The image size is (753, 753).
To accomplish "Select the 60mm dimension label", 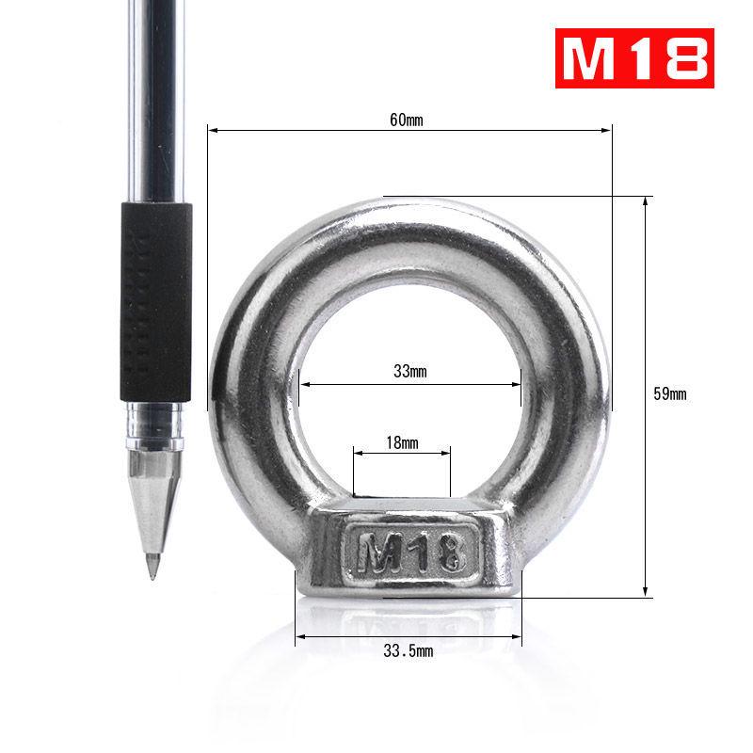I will pos(408,120).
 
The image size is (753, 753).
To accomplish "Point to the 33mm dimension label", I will pos(409,372).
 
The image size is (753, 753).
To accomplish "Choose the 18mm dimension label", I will pos(402,441).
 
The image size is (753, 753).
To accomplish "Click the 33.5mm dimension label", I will pos(409,651).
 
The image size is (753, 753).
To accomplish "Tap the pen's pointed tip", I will pos(151,574).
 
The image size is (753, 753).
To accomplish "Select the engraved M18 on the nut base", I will pos(409,550).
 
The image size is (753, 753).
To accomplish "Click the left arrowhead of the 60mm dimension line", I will pos(212,131).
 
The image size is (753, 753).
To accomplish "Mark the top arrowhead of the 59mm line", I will pos(646,200).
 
